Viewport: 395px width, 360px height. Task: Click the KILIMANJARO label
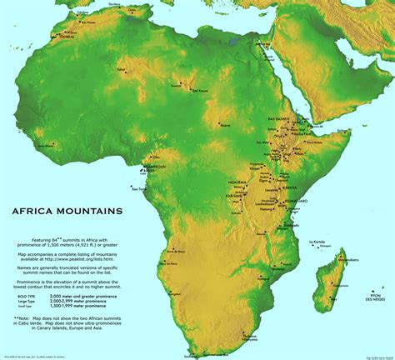coord(295,200)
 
